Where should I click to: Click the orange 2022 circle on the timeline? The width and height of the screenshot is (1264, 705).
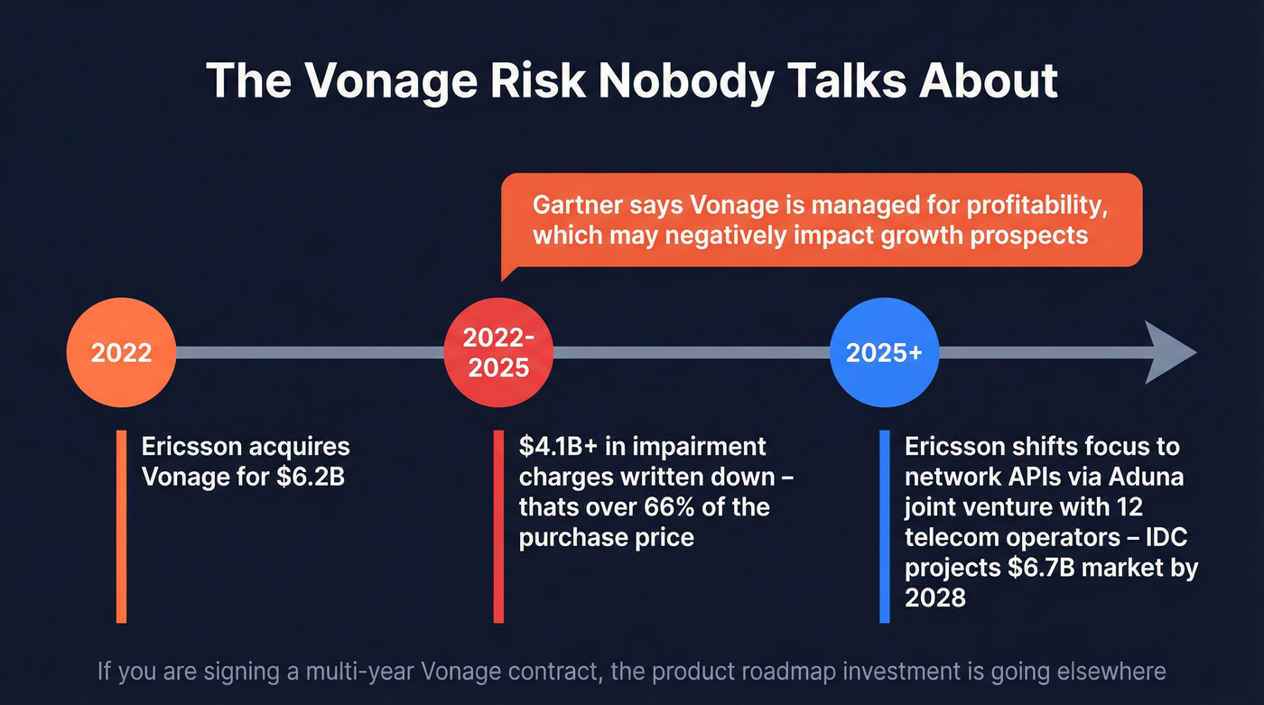pyautogui.click(x=121, y=352)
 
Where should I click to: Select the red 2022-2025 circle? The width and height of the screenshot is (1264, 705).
pyautogui.click(x=498, y=352)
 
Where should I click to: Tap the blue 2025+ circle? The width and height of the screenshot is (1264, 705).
pyautogui.click(x=884, y=352)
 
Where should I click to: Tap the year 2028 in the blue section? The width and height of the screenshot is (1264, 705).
pyautogui.click(x=935, y=598)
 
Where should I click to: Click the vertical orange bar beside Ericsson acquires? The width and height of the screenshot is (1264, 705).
pyautogui.click(x=121, y=526)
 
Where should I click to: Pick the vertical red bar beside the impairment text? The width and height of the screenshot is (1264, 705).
pyautogui.click(x=498, y=526)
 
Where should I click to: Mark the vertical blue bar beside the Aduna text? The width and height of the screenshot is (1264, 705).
pyautogui.click(x=885, y=526)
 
